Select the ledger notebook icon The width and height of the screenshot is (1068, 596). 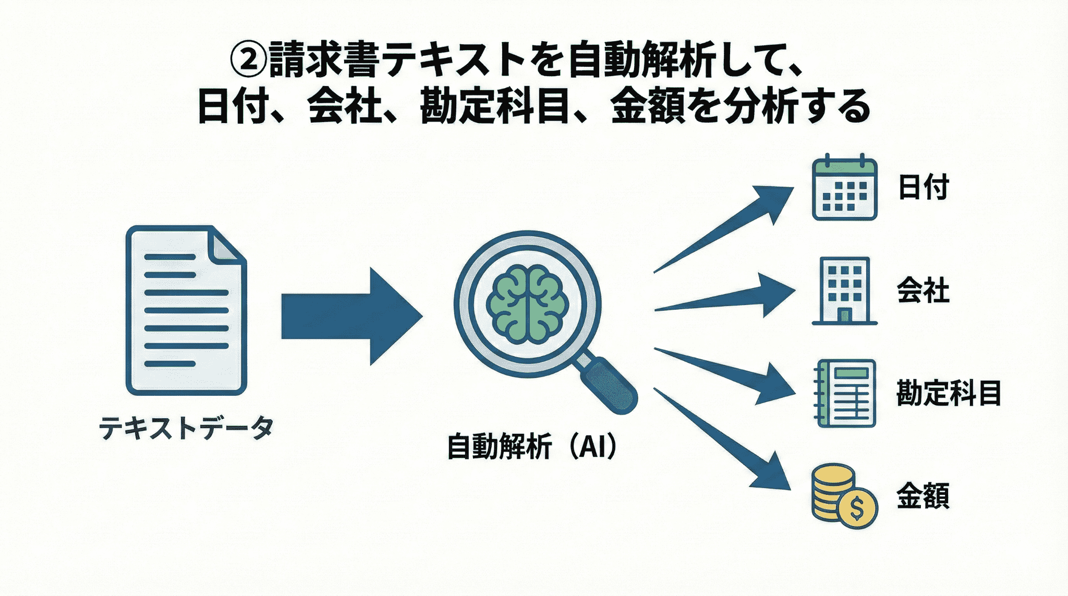(x=845, y=393)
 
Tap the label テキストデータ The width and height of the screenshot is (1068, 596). (x=186, y=429)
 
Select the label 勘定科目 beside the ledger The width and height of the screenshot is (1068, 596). (x=949, y=393)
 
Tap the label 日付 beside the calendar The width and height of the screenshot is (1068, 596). (x=923, y=187)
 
